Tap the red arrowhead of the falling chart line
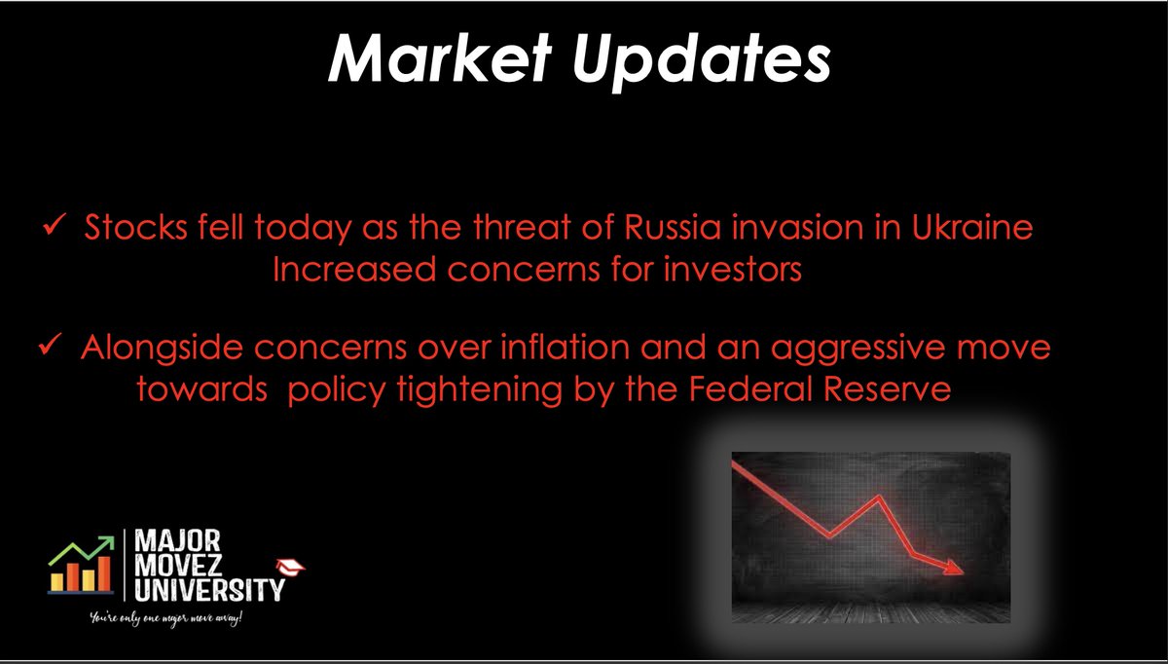[x=954, y=568]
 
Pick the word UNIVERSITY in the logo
[x=207, y=589]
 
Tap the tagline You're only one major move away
[x=164, y=619]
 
